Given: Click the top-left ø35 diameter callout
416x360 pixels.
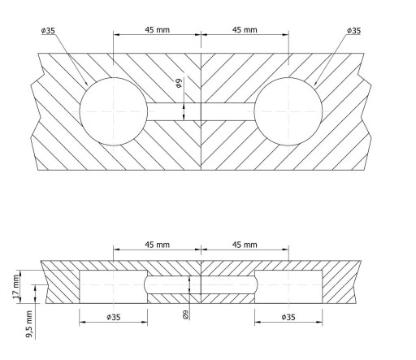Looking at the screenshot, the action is point(48,31).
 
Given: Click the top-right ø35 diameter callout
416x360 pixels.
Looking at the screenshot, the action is point(353,31).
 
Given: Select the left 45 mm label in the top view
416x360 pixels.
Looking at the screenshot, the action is point(157,29).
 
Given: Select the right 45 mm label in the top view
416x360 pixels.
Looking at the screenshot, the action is point(245,29).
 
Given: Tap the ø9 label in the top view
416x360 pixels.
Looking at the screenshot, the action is point(179,82).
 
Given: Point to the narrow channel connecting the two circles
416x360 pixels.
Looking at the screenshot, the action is point(201,111).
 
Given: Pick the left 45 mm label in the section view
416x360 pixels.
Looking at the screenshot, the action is point(157,245).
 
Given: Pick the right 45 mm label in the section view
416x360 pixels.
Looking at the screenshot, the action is point(245,245).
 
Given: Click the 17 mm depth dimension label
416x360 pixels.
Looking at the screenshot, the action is point(16,287).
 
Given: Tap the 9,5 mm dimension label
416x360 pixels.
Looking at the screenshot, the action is point(29,324).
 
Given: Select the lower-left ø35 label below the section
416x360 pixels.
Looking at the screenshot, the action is point(114,317).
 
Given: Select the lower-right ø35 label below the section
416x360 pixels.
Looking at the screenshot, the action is point(288,317).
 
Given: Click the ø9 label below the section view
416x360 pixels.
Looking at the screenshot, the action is point(186,314).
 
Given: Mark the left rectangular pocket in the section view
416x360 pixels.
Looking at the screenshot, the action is point(114,287).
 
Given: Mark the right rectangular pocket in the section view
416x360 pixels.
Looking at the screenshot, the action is point(288,287).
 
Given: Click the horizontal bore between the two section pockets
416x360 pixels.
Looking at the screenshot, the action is point(201,285).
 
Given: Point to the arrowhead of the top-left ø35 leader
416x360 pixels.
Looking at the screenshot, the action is point(87,85).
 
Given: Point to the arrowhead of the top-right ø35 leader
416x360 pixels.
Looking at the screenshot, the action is point(315,85).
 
